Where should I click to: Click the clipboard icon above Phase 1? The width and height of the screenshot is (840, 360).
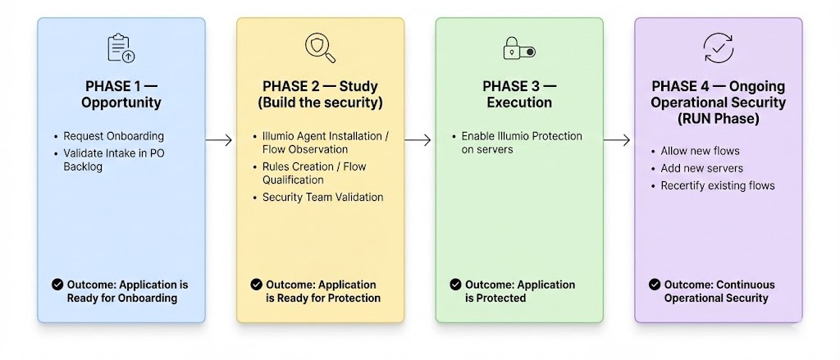pos(121,48)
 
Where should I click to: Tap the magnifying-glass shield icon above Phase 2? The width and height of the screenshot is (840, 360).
pos(320,48)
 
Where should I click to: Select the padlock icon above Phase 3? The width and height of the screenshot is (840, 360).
pos(518,48)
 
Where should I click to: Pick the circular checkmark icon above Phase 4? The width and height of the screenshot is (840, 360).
pos(719,48)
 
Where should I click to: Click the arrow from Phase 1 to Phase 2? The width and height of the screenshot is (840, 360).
pos(219,141)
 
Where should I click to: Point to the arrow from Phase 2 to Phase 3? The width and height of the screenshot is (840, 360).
pos(418,140)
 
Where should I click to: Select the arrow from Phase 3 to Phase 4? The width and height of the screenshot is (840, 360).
pos(617,140)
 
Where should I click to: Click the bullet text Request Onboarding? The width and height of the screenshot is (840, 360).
pos(113,136)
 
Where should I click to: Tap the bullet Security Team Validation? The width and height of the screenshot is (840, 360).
pos(322,197)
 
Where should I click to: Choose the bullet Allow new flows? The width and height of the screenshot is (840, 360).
pos(700,151)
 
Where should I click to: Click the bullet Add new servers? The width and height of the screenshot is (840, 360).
pos(701,168)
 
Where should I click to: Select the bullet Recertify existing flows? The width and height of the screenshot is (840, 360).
pos(717,185)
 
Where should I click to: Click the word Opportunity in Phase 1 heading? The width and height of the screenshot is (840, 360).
pos(121,103)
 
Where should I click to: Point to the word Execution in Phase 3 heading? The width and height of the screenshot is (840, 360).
pos(519,103)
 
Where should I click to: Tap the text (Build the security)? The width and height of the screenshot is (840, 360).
pos(320,103)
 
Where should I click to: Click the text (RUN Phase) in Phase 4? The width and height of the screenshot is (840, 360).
pos(719,119)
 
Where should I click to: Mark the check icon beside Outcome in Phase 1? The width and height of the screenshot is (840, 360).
pos(57,285)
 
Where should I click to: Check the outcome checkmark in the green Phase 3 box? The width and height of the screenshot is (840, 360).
pos(455,285)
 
